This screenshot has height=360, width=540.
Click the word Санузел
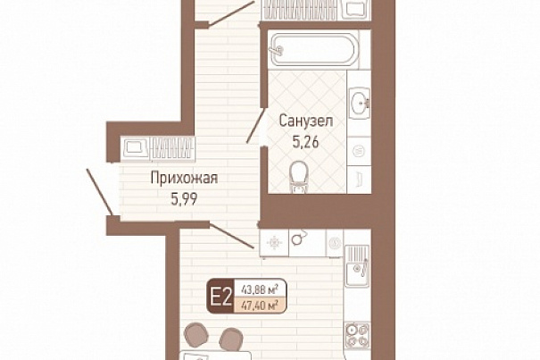point(306,121)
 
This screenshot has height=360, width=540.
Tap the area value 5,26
point(305,142)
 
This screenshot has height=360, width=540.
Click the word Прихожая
point(184,179)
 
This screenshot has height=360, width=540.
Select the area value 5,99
point(184,199)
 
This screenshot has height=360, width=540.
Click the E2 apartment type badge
point(220,297)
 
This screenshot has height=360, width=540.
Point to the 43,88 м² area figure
point(261,289)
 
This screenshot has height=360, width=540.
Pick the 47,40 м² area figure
point(261,305)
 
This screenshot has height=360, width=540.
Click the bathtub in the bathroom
point(313,50)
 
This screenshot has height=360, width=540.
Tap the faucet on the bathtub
point(278,51)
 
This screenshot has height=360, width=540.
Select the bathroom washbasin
point(360,103)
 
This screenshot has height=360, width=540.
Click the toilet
point(299,177)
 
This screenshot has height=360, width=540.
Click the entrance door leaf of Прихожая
point(99,192)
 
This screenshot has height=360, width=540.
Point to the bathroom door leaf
point(255,126)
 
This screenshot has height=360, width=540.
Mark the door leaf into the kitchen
point(232,236)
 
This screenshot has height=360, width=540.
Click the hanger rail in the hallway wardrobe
point(173,149)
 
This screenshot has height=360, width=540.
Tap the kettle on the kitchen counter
point(298,238)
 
